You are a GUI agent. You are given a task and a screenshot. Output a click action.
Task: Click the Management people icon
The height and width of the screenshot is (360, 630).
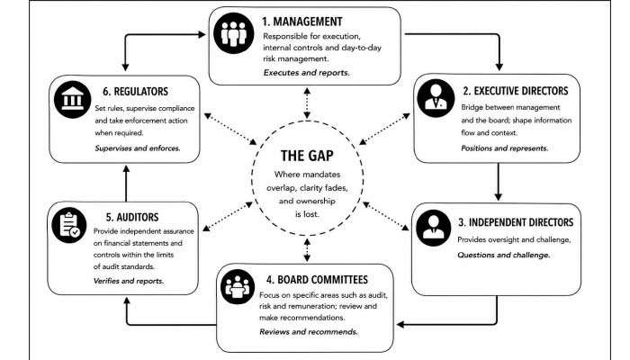point(234,33)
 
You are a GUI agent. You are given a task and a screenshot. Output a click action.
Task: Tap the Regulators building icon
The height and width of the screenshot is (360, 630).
point(72,99)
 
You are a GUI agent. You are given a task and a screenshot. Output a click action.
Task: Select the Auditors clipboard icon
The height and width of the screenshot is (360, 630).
point(69,225)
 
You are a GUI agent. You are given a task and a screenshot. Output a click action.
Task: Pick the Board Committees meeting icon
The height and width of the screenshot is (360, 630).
point(238,286)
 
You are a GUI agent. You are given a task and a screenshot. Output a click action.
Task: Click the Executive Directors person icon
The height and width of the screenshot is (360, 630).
point(436,98)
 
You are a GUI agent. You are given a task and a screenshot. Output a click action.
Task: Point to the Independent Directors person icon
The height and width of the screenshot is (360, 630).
point(434,228)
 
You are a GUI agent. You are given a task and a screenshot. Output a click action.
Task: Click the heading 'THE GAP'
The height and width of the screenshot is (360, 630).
point(307,156)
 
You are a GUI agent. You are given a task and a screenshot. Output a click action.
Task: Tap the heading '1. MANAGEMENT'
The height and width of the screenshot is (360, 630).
point(302,22)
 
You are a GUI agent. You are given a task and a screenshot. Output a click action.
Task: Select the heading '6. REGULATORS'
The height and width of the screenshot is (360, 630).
point(135,91)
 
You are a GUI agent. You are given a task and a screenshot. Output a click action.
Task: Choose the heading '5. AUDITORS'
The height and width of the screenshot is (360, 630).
point(132,217)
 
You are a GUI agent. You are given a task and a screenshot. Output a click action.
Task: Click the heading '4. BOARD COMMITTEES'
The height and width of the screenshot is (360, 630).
point(317,279)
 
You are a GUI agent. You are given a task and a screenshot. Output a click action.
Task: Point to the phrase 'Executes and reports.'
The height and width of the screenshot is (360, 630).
point(307,73)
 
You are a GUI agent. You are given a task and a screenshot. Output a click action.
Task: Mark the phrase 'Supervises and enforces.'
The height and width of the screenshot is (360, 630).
point(138,148)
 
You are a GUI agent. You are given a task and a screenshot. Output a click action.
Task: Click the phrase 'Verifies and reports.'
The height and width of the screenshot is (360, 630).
point(129,281)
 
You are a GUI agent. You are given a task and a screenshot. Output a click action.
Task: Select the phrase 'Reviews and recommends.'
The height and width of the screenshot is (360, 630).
point(309,332)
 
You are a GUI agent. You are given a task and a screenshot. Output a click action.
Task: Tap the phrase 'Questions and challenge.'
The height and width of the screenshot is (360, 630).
point(504,255)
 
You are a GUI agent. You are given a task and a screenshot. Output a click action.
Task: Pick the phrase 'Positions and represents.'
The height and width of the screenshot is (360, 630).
point(505,148)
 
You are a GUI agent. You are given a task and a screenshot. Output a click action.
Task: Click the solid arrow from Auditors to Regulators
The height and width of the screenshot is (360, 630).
point(126,184)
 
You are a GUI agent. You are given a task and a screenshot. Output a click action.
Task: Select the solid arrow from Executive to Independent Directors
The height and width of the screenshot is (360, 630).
point(499,182)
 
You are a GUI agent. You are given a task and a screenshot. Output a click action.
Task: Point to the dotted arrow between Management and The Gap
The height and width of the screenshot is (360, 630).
point(307,103)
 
